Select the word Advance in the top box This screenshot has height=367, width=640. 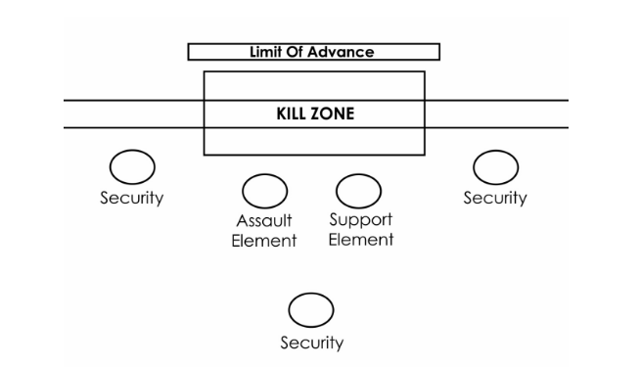point(343,52)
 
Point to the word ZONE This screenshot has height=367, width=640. point(334,114)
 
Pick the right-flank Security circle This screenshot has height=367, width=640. point(495,167)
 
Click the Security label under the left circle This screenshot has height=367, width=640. point(132,199)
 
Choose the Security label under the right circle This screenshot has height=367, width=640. point(495,199)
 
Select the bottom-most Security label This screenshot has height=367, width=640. point(311,343)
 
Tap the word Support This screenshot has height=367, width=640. point(360,221)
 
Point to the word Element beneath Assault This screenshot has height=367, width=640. point(264,241)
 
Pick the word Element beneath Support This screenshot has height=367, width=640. point(360,240)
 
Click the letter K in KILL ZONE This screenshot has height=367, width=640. point(278,114)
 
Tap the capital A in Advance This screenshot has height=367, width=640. point(320,52)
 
